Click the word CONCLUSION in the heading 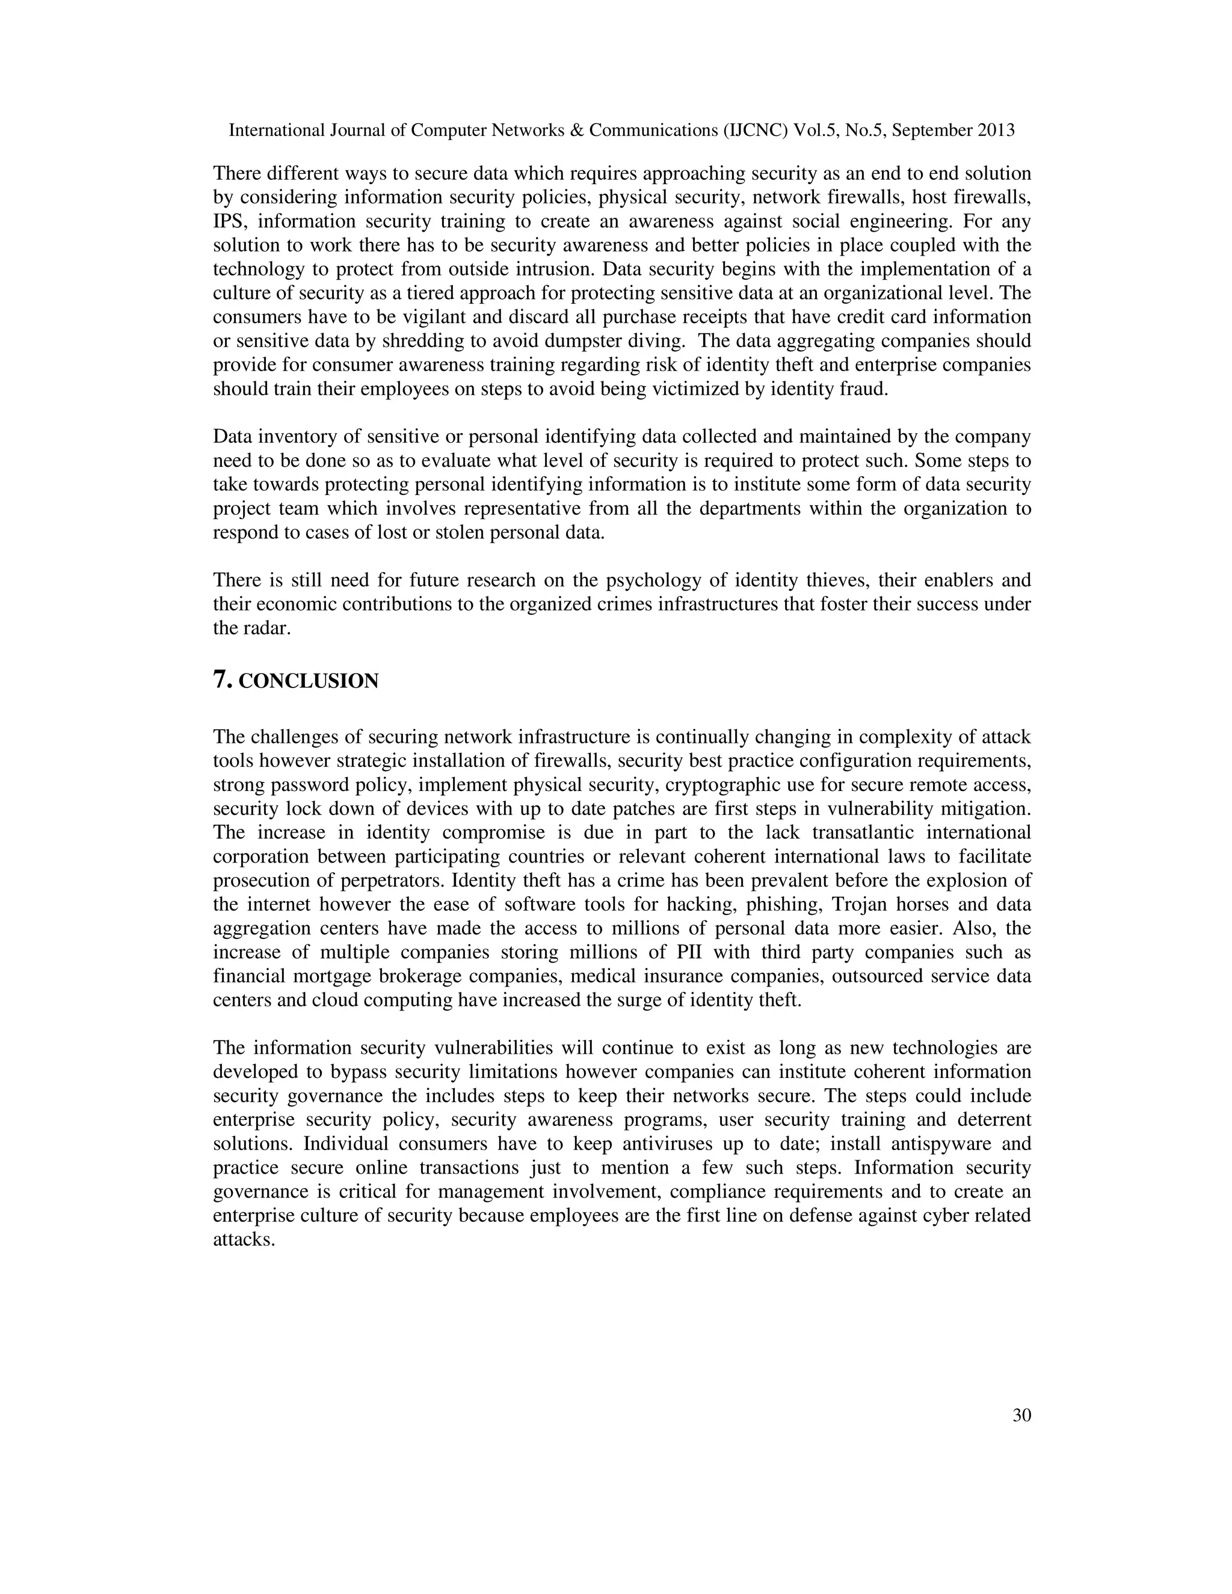pyautogui.click(x=309, y=682)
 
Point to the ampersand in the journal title pyautogui.click(x=576, y=131)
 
